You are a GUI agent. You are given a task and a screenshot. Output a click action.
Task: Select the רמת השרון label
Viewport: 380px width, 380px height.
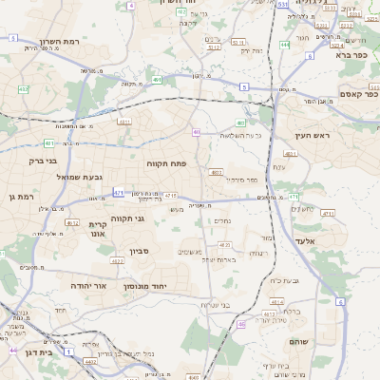[x=64, y=43]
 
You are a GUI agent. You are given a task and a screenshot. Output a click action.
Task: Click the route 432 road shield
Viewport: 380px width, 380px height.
[x=23, y=89]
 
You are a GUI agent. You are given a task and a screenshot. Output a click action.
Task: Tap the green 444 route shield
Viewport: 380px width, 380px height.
[x=285, y=45]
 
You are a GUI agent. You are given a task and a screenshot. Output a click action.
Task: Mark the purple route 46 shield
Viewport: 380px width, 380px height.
[x=13, y=351]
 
